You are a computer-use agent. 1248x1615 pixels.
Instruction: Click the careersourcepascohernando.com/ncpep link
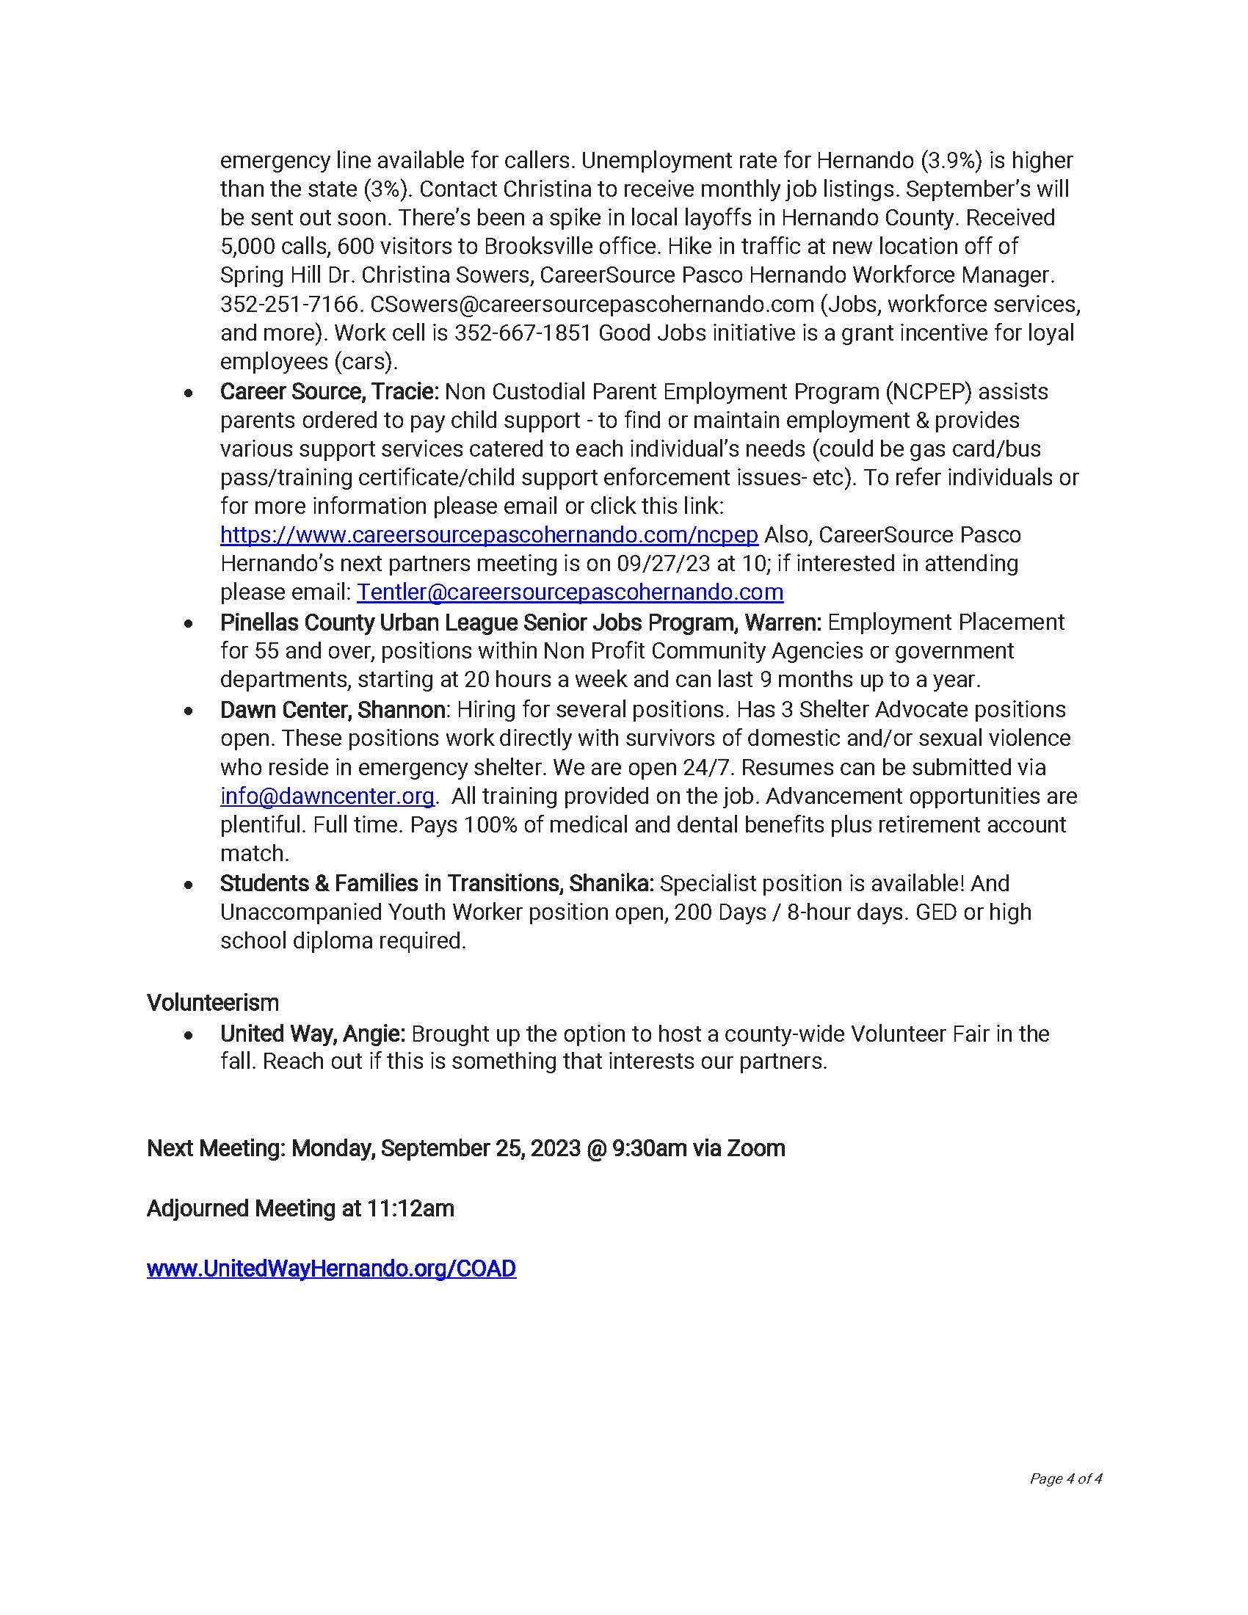(489, 534)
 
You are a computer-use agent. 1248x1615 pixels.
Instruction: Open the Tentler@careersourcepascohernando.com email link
(570, 592)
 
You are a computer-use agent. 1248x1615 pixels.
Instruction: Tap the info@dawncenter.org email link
(327, 796)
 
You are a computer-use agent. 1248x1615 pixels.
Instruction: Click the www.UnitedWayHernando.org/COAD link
(331, 1269)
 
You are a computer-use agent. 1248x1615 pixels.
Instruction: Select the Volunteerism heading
(213, 1003)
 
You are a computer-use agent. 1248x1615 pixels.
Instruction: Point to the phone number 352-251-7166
(289, 304)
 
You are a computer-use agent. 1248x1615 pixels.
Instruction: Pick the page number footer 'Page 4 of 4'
(1065, 1478)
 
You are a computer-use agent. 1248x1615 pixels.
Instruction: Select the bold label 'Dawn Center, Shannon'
(333, 710)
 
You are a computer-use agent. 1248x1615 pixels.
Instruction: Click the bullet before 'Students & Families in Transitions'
(189, 884)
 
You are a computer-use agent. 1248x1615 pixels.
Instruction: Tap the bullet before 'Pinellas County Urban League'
(189, 623)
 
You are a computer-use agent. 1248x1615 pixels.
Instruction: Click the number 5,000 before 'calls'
(247, 246)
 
